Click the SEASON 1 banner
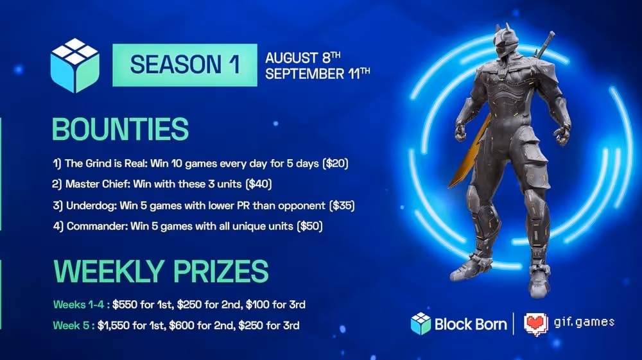coord(184,64)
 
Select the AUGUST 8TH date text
coord(306,56)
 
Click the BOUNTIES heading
coord(120,129)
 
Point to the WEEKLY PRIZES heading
coord(160,271)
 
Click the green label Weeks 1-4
coord(73,304)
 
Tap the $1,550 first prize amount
coord(114,325)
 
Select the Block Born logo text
coord(471,323)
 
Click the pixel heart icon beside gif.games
coord(536,323)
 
